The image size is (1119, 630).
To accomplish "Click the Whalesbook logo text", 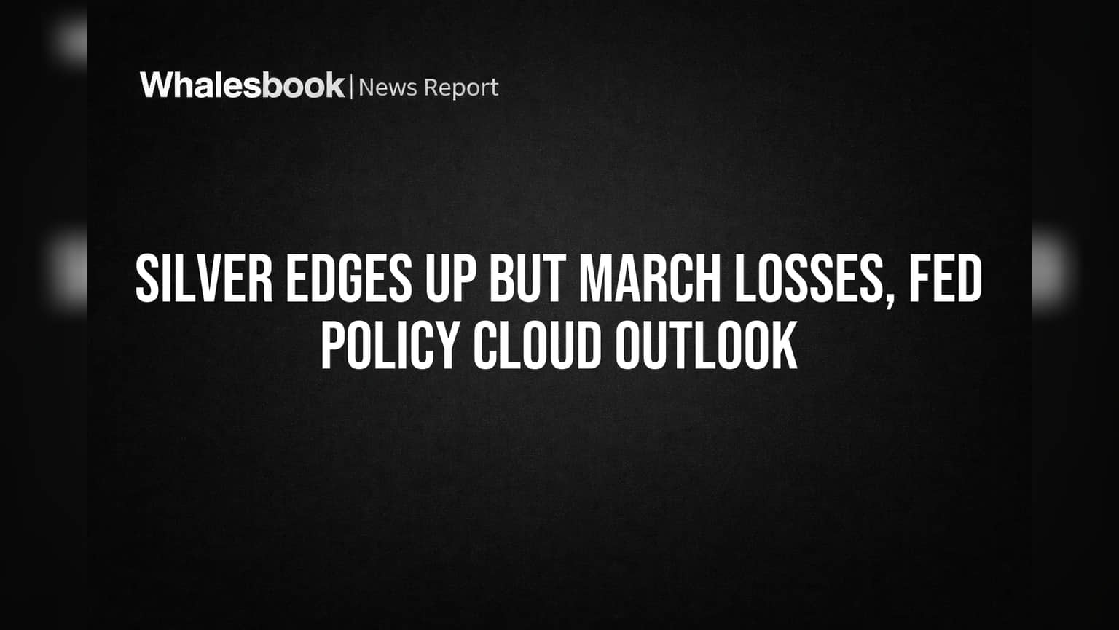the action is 243,85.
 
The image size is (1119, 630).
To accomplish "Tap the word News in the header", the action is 388,87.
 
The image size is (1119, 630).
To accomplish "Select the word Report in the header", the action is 461,88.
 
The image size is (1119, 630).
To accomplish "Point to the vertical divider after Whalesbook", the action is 352,87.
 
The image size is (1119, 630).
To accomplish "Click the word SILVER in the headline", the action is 204,279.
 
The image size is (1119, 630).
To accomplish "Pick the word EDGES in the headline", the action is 349,279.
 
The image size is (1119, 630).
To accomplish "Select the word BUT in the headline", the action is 527,279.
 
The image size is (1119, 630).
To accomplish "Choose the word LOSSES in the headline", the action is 807,279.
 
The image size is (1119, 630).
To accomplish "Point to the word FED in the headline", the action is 945,279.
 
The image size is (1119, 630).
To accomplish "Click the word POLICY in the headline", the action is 390,345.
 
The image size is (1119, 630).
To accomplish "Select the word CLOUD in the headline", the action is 538,345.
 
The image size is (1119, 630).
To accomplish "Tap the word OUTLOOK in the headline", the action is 707,345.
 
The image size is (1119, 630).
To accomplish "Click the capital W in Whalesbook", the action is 158,85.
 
